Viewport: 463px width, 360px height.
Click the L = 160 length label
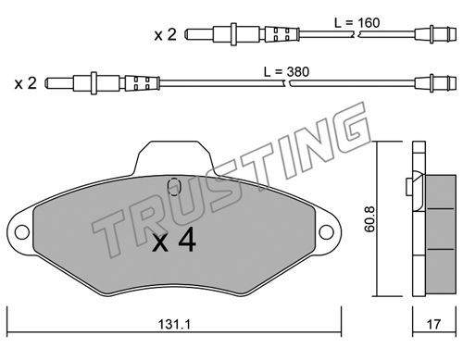[x=357, y=23]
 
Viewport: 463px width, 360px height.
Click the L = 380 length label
[x=286, y=72]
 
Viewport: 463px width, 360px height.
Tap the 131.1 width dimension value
[x=174, y=324]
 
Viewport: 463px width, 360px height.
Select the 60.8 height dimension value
[x=369, y=218]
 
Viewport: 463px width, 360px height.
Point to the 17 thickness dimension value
[x=433, y=324]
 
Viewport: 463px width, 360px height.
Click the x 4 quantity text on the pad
[x=174, y=240]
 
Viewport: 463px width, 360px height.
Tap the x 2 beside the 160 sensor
[x=165, y=34]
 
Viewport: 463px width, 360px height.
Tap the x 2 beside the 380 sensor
[x=26, y=83]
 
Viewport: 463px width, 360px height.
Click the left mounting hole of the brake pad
[x=22, y=232]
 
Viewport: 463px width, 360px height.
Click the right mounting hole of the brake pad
[x=326, y=232]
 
